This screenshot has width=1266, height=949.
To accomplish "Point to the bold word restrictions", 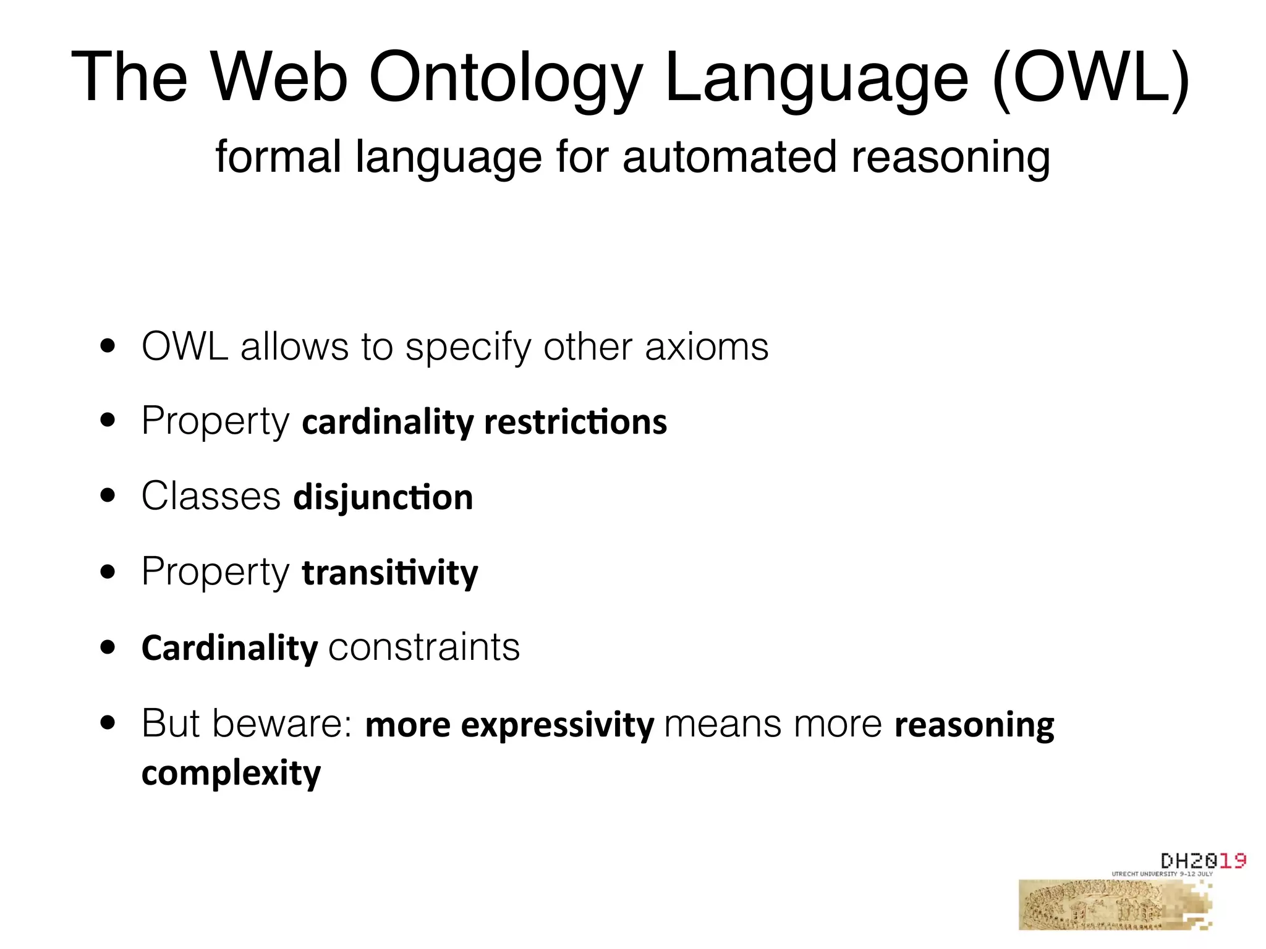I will coord(576,423).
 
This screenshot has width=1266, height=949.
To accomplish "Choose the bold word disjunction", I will coord(383,498).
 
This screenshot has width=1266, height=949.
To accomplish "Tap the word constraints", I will coord(424,648).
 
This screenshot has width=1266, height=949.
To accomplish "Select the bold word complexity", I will coord(231,774).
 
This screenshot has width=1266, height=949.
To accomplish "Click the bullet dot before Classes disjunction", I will coord(108,496).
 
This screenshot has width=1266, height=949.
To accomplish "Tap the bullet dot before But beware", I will coord(108,723).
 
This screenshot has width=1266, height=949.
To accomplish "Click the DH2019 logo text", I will coord(1202,861).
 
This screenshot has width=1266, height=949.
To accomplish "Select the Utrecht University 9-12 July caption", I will coord(1162,874).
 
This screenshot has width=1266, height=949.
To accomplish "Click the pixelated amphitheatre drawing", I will coord(1107,905).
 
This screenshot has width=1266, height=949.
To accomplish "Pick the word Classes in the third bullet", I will coord(211,496).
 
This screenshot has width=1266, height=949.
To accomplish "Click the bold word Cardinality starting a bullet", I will coord(229,648).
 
